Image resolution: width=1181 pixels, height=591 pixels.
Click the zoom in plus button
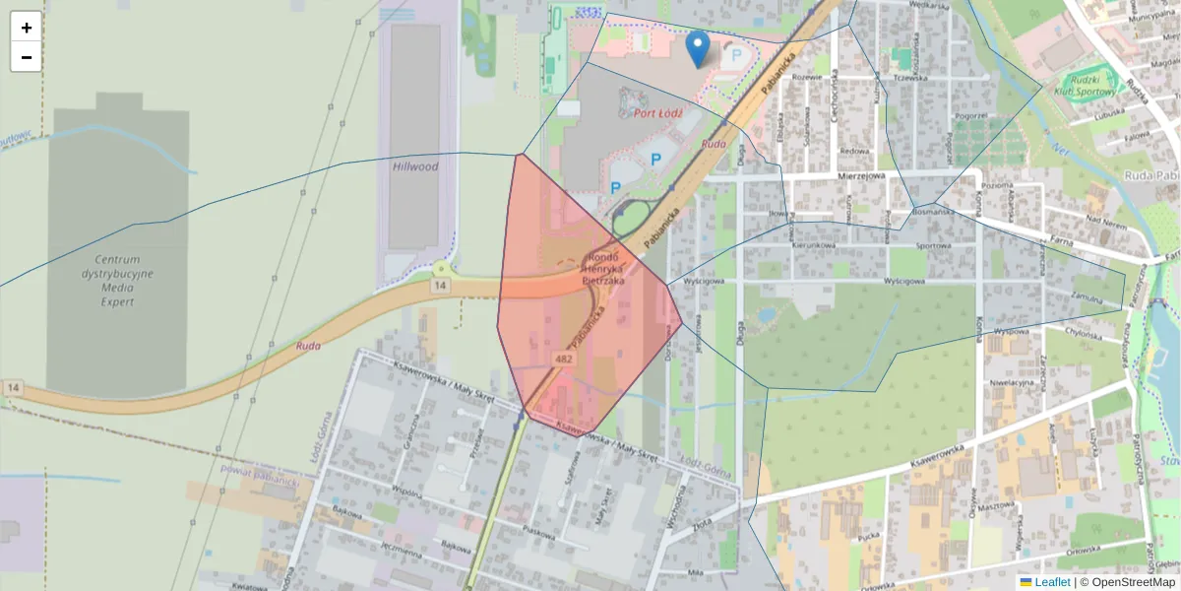click(26, 27)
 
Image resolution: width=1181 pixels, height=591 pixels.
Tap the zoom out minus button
click(26, 57)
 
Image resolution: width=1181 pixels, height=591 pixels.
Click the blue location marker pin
click(698, 48)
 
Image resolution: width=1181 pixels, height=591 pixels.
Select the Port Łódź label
click(658, 113)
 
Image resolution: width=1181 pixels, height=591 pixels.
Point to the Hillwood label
click(414, 166)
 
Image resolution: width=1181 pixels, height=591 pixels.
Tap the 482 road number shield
click(564, 360)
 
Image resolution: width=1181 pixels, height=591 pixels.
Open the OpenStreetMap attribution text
click(1133, 582)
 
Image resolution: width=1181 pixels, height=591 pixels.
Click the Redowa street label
click(855, 152)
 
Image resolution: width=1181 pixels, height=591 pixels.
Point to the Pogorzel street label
click(970, 115)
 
